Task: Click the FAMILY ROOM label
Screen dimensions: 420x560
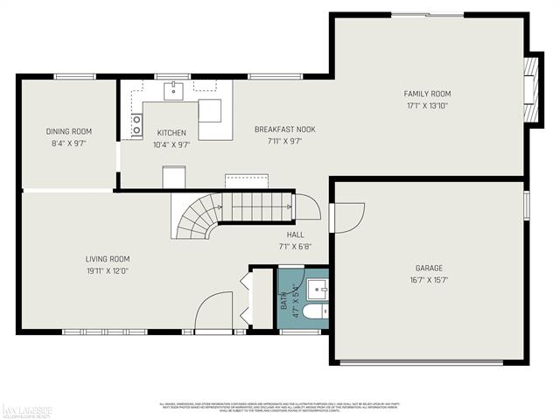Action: tap(427, 94)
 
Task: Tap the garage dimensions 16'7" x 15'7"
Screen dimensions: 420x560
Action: tap(429, 280)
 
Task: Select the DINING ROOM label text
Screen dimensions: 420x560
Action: tap(68, 132)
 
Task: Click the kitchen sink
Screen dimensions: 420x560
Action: tap(173, 88)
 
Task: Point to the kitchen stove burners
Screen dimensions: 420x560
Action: tap(136, 126)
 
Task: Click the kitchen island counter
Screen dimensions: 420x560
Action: tap(215, 118)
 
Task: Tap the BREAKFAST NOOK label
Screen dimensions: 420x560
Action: tap(284, 129)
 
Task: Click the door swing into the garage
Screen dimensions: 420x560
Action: tap(347, 217)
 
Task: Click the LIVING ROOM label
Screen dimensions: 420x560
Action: tap(107, 259)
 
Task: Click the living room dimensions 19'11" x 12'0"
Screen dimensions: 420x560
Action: tap(107, 271)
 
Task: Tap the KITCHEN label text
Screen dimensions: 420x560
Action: tap(171, 133)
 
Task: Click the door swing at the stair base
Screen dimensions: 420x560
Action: tap(306, 206)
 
